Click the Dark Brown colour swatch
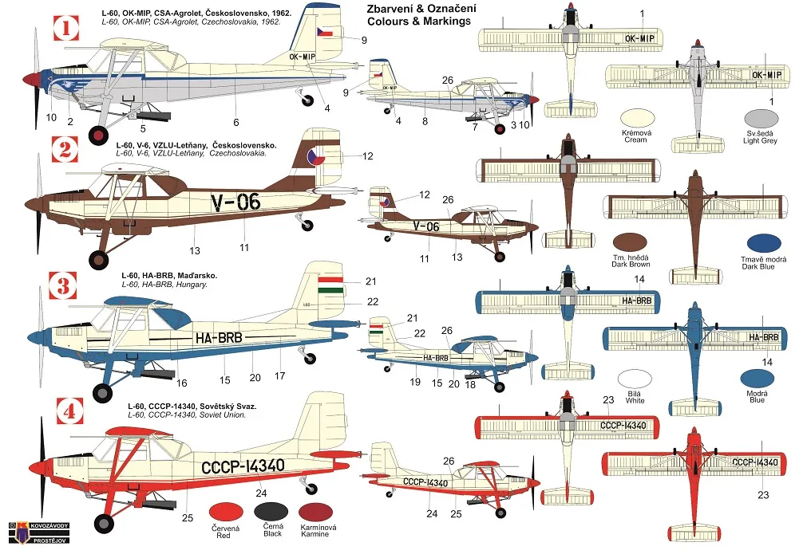coord(631,243)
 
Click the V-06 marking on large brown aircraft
coord(236,202)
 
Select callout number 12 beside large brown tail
coord(367,156)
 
